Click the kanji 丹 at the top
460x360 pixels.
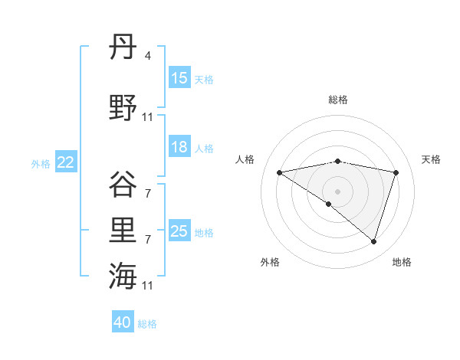coord(123,50)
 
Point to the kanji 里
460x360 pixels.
coord(123,231)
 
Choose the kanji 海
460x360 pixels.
coord(123,277)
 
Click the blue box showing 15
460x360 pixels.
coord(179,78)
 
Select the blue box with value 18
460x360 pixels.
coord(179,147)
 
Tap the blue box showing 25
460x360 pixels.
coord(179,231)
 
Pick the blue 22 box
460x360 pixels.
coord(66,162)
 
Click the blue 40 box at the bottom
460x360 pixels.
coord(123,322)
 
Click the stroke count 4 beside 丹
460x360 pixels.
coord(147,56)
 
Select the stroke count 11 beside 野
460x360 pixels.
coord(148,117)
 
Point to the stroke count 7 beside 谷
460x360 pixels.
coord(147,194)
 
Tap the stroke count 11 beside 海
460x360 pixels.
coord(148,286)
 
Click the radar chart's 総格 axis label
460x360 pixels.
coord(338,100)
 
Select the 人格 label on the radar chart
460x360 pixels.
coord(245,159)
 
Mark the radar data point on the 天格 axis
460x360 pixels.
coord(396,172)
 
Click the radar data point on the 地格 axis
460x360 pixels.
coord(374,241)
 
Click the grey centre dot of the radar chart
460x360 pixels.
coord(337,191)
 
